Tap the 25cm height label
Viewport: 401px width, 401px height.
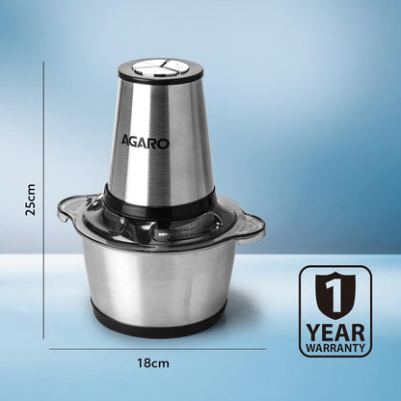tap(31, 204)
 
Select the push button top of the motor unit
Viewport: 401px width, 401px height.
tap(160, 68)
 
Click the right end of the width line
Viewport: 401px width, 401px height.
tap(265, 348)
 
